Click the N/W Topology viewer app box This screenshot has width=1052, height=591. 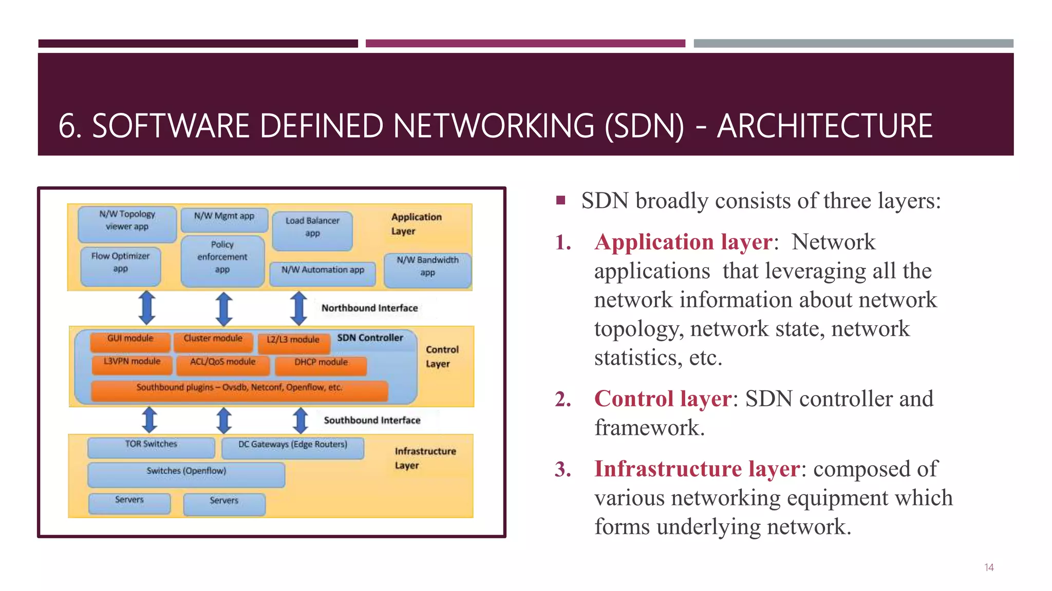[x=127, y=224]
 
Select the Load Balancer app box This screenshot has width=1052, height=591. [x=312, y=230]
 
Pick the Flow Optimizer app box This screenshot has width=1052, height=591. [x=121, y=266]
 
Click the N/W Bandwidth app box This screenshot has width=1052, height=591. [x=427, y=270]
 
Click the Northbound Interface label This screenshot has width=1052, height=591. [x=369, y=308]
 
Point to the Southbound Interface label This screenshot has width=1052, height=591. [x=372, y=420]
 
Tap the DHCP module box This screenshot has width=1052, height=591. [x=321, y=365]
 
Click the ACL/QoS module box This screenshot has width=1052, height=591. [x=222, y=364]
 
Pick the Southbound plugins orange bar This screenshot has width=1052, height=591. [x=239, y=390]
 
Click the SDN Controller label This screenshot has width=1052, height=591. [x=370, y=338]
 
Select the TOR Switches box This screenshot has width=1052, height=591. [x=151, y=447]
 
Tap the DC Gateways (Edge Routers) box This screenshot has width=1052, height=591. [x=293, y=447]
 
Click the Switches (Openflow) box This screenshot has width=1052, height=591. [x=186, y=474]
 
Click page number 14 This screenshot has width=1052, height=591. [x=989, y=567]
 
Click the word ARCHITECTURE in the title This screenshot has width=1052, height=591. [x=824, y=126]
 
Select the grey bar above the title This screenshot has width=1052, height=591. [x=853, y=44]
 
